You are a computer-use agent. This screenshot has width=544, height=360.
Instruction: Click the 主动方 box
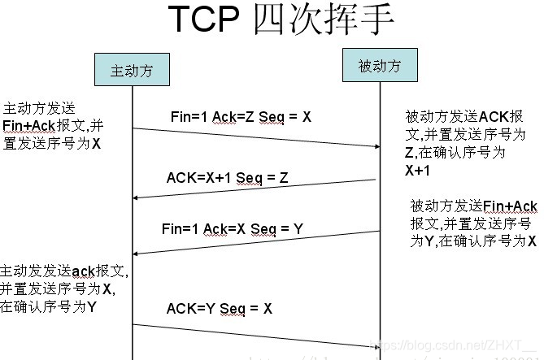pyautogui.click(x=132, y=71)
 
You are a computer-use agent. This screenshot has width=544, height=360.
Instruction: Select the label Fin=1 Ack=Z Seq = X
pyautogui.click(x=241, y=117)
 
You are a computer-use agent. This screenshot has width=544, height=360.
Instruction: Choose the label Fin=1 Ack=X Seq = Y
pyautogui.click(x=233, y=229)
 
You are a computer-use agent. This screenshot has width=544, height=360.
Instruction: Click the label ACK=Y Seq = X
pyautogui.click(x=220, y=309)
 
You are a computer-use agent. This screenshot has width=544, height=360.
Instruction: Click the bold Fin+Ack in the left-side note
pyautogui.click(x=31, y=125)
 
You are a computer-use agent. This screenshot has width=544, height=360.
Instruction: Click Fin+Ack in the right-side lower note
pyautogui.click(x=509, y=206)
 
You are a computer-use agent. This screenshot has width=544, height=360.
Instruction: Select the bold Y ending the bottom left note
pyautogui.click(x=92, y=307)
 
